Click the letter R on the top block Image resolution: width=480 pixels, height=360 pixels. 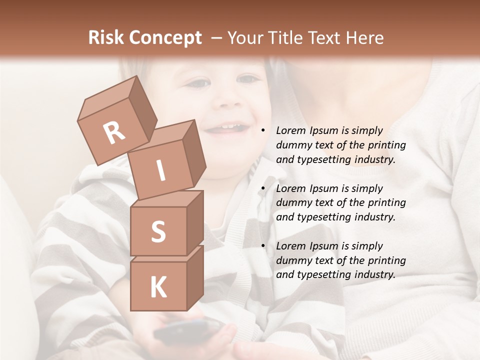[x=114, y=132]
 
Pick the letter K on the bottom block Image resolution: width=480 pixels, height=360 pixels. [x=158, y=287]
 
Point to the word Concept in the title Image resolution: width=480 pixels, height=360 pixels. [x=165, y=38]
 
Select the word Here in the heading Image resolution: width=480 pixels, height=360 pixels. [x=366, y=38]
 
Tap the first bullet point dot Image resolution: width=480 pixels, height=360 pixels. [x=263, y=131]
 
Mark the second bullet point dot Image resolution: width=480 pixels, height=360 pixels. [x=263, y=188]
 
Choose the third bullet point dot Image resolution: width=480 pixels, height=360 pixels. [x=263, y=246]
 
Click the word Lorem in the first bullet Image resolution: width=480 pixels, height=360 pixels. [x=290, y=131]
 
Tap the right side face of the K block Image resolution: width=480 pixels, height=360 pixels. [x=195, y=277]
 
